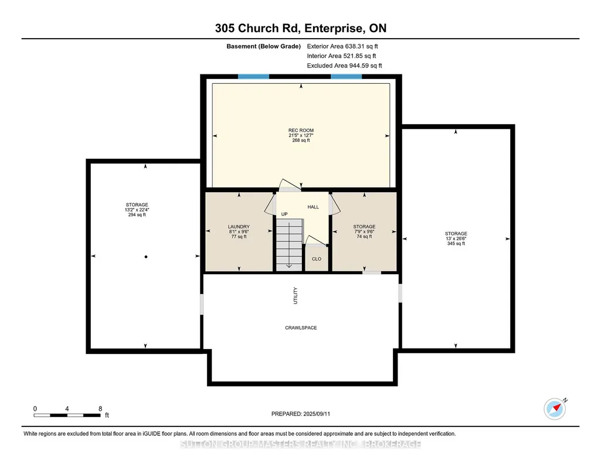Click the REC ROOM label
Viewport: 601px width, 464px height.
301,130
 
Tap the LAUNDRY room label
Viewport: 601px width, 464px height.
239,227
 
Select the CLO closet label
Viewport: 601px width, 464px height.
317,259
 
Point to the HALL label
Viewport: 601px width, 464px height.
313,207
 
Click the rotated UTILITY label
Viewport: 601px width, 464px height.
295,295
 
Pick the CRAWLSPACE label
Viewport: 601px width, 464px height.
301,327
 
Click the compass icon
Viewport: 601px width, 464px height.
555,409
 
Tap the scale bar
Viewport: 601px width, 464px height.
67,415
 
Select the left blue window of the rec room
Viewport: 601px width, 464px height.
253,77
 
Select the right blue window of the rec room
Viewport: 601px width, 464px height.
346,77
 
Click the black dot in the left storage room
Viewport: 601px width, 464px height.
146,257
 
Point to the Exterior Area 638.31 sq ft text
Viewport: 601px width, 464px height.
342,46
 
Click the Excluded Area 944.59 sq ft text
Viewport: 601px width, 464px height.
345,66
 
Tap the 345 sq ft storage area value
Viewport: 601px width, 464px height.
456,244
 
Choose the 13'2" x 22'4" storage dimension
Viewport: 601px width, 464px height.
137,210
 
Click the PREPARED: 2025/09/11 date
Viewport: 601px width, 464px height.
300,414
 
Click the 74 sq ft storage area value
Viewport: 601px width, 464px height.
364,237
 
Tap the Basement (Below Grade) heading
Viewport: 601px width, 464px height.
263,46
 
